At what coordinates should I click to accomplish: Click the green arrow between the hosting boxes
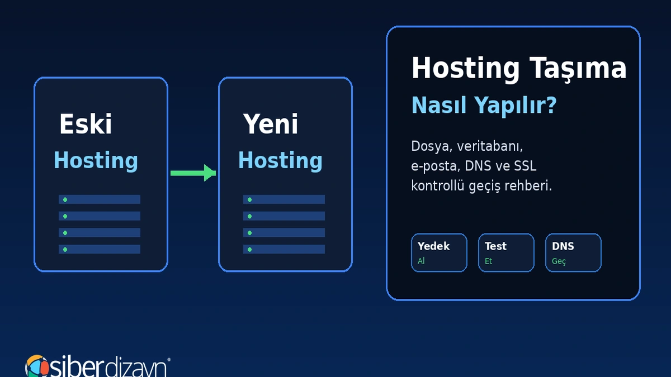click(x=193, y=173)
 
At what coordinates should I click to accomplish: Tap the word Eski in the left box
click(x=86, y=124)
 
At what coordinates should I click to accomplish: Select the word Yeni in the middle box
click(x=271, y=124)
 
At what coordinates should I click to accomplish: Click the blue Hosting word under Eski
click(x=96, y=161)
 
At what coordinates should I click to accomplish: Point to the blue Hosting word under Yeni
click(x=280, y=161)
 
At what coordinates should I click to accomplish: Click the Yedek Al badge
click(x=439, y=253)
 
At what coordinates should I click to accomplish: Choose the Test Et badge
click(x=506, y=253)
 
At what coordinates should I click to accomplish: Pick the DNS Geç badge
click(x=573, y=253)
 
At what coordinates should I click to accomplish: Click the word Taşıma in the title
click(x=578, y=69)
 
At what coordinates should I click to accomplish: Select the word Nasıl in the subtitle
click(x=439, y=105)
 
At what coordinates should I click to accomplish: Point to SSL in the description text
click(x=525, y=166)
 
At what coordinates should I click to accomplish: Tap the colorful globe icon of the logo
click(x=37, y=366)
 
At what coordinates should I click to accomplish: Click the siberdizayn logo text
click(x=108, y=367)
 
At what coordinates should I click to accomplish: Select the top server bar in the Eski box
click(x=100, y=199)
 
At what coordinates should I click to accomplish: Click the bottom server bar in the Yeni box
click(x=284, y=249)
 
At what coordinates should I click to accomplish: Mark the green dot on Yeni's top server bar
click(x=249, y=199)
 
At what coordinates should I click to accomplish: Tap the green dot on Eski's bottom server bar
click(x=65, y=249)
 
